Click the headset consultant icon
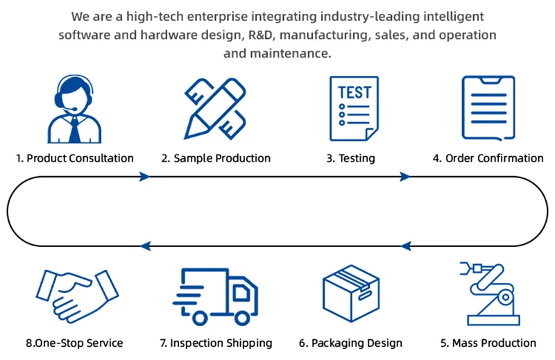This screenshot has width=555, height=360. coord(74,109)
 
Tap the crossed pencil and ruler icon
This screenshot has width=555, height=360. coord(215,109)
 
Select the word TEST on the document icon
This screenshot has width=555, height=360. coord(355,92)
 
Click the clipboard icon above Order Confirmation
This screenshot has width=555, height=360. coord(488,108)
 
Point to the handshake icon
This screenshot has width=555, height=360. coord(77,296)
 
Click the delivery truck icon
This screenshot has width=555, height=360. coord(216,297)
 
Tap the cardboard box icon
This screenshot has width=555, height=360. coord(351,293)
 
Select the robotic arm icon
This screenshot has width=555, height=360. coord(490,293)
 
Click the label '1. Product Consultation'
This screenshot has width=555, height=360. coord(75,158)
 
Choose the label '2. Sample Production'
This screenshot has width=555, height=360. coord(216,158)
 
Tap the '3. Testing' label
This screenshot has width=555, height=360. coord(351,158)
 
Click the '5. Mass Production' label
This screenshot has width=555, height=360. coord(488,343)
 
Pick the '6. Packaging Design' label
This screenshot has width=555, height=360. coord(351,343)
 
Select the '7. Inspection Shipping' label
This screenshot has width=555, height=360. coord(216,343)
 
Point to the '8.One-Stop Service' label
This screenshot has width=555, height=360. coord(74,343)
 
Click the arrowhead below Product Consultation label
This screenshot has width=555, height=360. coord(144,176)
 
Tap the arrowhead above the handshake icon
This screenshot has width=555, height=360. coord(146,246)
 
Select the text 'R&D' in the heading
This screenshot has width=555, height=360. coord(262,35)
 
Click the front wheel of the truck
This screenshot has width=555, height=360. coord(242,318)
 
